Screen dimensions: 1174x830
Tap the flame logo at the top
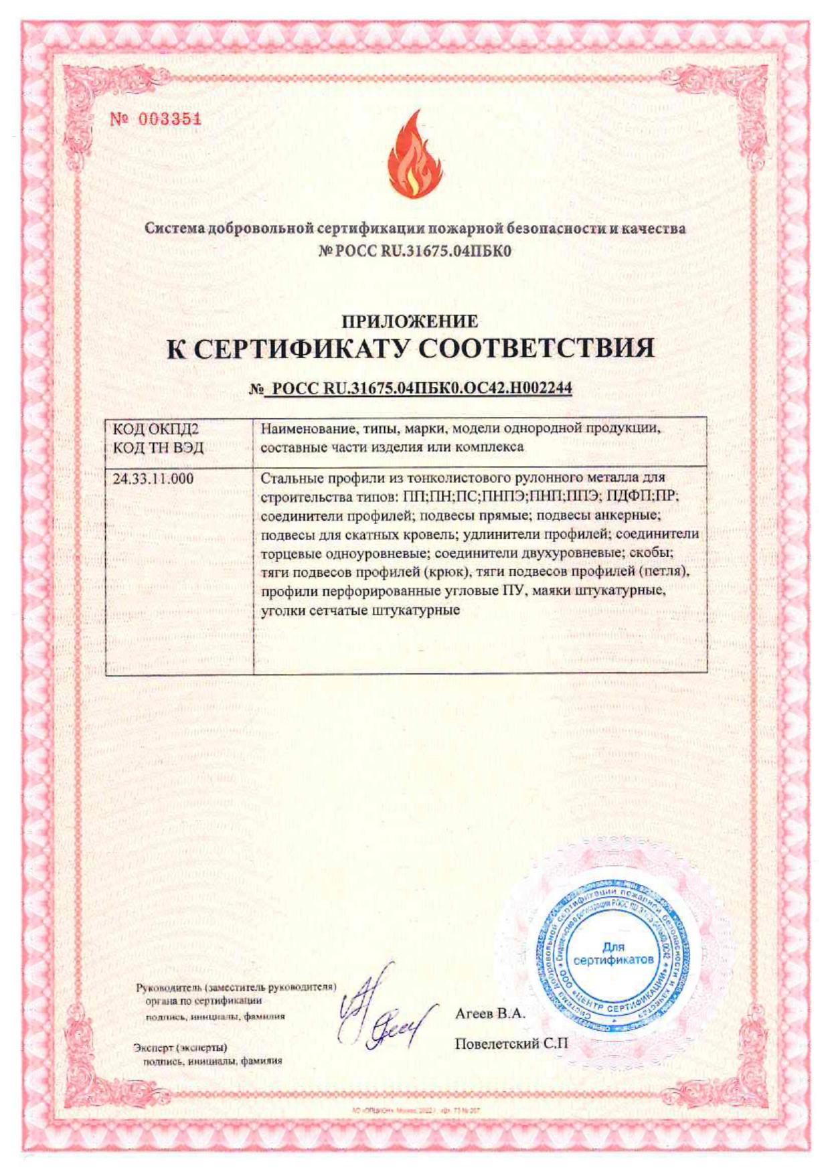[x=414, y=155]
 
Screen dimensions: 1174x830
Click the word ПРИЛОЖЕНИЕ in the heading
[x=410, y=321]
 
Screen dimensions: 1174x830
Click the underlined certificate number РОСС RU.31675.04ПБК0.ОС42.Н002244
[x=418, y=388]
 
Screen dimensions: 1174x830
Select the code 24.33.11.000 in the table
[x=153, y=479]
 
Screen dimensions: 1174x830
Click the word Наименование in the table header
[x=301, y=429]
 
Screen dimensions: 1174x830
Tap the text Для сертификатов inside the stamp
[x=613, y=953]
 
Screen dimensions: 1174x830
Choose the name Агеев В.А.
[x=490, y=1013]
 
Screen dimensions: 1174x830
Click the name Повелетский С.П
[x=511, y=1043]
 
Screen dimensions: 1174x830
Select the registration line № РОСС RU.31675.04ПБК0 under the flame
[x=415, y=252]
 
